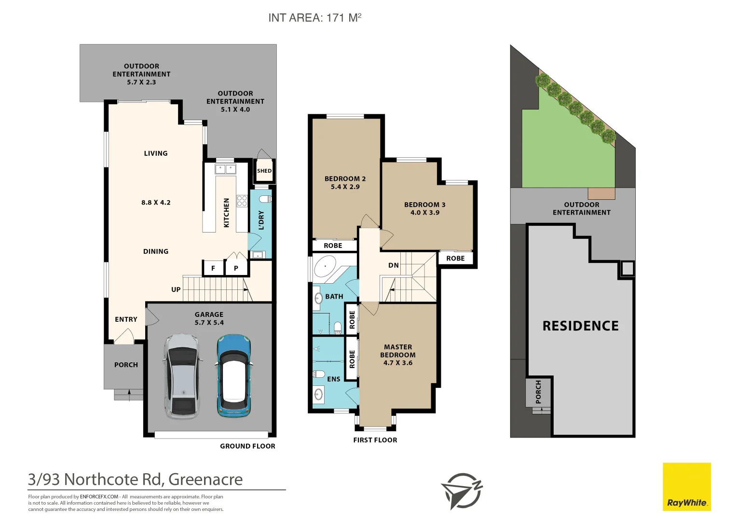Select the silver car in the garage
point(182,376)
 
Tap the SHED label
point(264,171)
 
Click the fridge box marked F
point(213,268)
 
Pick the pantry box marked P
point(236,268)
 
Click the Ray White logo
point(687,487)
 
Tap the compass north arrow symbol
point(462,491)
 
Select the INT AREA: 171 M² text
point(314,18)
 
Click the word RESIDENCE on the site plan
point(580,326)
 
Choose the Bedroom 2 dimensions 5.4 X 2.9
point(345,187)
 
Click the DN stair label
point(394,265)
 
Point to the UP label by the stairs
point(176,289)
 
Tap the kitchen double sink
point(225,169)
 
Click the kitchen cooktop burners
point(242,201)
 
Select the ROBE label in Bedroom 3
point(455,259)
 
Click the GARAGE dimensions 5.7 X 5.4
point(209,323)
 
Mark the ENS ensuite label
point(333,379)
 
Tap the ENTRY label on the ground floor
point(126,319)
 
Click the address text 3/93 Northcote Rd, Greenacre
point(136,480)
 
